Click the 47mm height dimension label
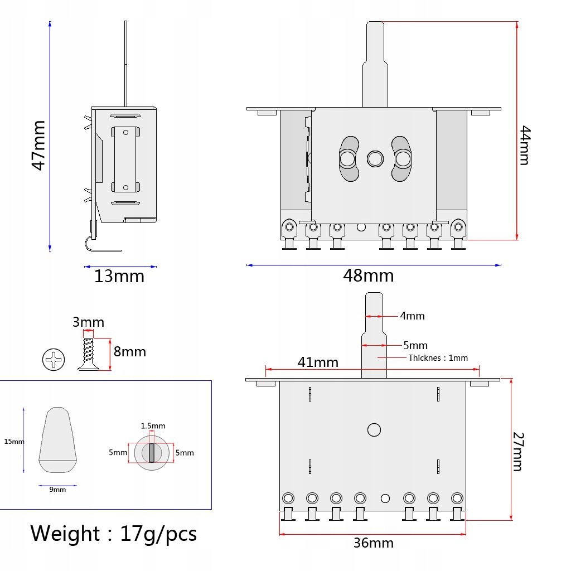(38, 146)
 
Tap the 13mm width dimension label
(119, 277)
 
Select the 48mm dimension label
(369, 275)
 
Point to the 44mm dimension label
(525, 146)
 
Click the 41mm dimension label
(318, 362)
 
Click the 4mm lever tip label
(412, 316)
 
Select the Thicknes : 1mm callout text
(438, 358)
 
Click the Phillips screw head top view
(54, 359)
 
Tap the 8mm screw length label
(130, 352)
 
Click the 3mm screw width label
(88, 322)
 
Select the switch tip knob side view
(57, 440)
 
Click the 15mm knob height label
(14, 442)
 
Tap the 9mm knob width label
(58, 490)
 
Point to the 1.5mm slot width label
(153, 426)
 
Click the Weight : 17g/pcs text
(113, 534)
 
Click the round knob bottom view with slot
(152, 452)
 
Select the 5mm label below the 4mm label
(415, 346)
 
